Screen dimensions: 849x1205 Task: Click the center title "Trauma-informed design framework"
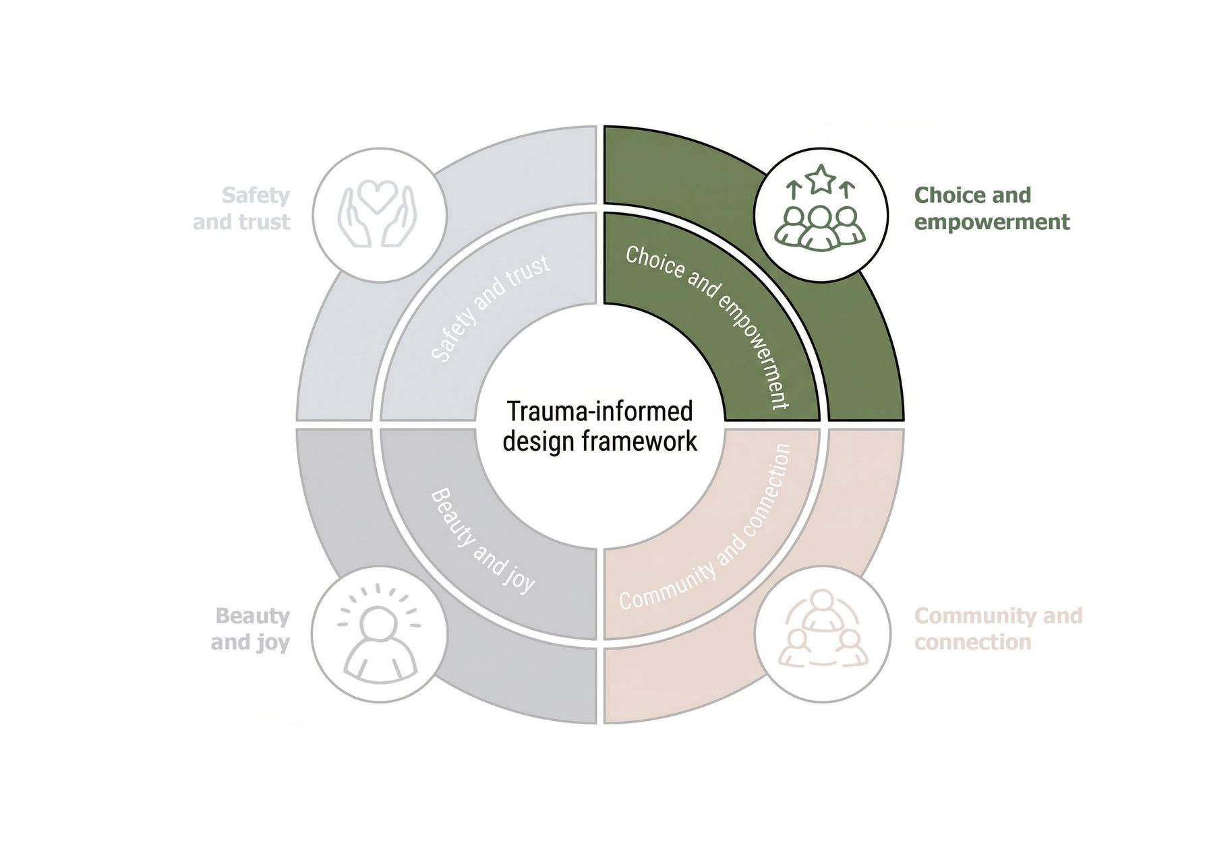coord(599,426)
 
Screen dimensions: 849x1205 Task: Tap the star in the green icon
coord(821,179)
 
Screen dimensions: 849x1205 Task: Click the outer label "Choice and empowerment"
coord(991,208)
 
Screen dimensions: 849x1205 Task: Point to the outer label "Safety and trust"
coord(243,208)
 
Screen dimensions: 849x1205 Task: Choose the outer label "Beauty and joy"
coord(251,629)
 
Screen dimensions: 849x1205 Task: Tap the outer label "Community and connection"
coord(998,629)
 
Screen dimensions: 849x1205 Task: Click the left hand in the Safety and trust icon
coord(353,216)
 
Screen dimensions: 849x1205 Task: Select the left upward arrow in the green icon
coord(794,189)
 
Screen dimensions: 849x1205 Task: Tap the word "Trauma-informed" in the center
coord(599,411)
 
